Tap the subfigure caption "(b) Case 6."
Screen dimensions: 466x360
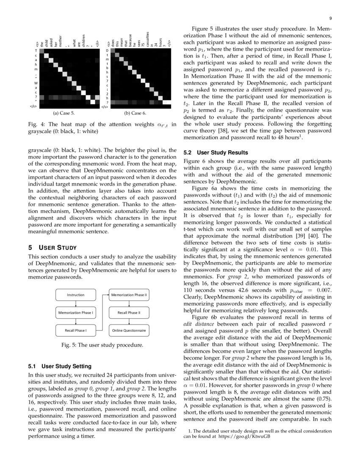[135, 113]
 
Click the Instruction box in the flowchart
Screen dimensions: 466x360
[75, 295]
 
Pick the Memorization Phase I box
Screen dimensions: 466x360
[75, 313]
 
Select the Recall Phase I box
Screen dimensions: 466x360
[75, 330]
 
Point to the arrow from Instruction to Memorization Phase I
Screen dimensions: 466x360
[75, 304]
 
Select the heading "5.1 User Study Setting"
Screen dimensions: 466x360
[59, 366]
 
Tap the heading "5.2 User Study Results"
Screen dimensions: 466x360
[216, 152]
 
